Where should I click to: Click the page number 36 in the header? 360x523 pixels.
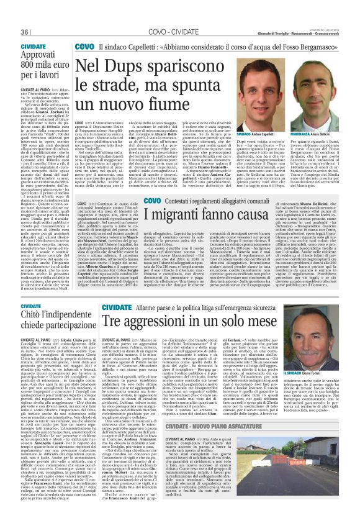tap(25, 32)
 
